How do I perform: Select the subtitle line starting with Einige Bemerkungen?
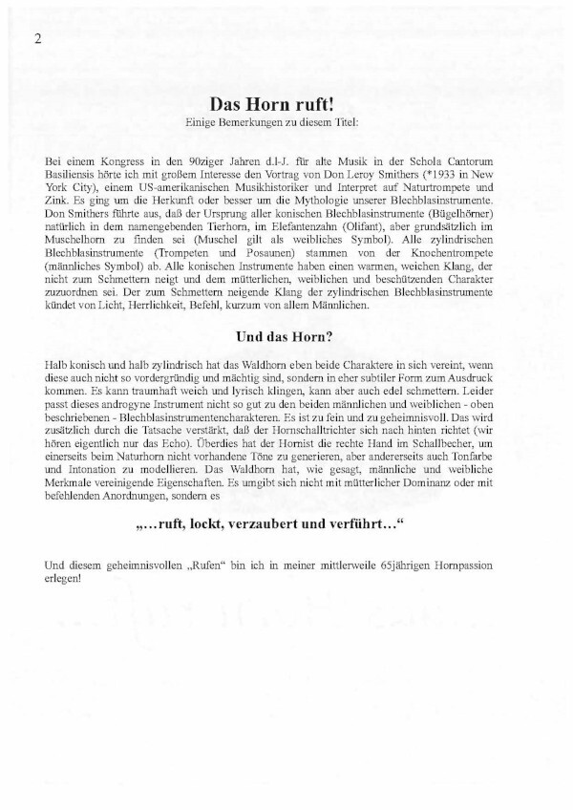[286, 123]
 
